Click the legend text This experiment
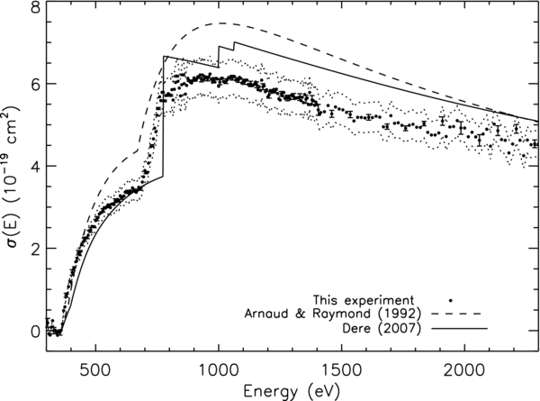tap(364, 298)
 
